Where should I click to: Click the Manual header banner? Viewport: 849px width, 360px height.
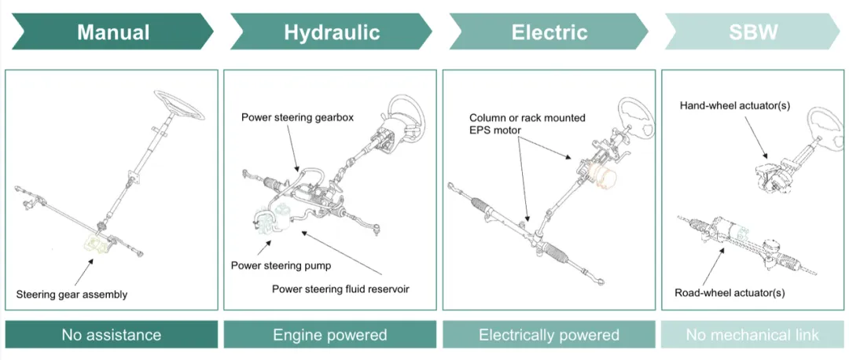pyautogui.click(x=112, y=32)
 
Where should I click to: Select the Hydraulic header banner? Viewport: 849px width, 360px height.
pyautogui.click(x=332, y=32)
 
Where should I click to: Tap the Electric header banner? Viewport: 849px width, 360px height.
pyautogui.click(x=549, y=32)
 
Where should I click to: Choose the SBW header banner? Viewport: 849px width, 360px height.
pyautogui.click(x=752, y=32)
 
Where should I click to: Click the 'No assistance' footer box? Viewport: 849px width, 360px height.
pyautogui.click(x=112, y=335)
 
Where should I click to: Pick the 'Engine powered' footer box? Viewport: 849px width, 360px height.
pyautogui.click(x=329, y=335)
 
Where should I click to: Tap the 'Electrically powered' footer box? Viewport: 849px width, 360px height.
pyautogui.click(x=549, y=335)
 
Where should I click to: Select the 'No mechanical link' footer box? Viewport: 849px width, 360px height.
pyautogui.click(x=752, y=335)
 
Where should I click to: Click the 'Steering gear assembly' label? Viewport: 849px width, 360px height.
pyautogui.click(x=72, y=295)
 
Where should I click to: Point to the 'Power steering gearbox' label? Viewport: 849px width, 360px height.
pyautogui.click(x=297, y=117)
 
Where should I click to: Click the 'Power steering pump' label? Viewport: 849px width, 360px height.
pyautogui.click(x=281, y=266)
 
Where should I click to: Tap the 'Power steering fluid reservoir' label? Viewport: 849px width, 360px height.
pyautogui.click(x=340, y=288)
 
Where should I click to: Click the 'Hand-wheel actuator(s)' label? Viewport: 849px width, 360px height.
pyautogui.click(x=735, y=105)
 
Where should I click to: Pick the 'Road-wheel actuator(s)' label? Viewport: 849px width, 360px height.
pyautogui.click(x=730, y=293)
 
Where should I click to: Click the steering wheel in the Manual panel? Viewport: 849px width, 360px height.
pyautogui.click(x=178, y=105)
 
